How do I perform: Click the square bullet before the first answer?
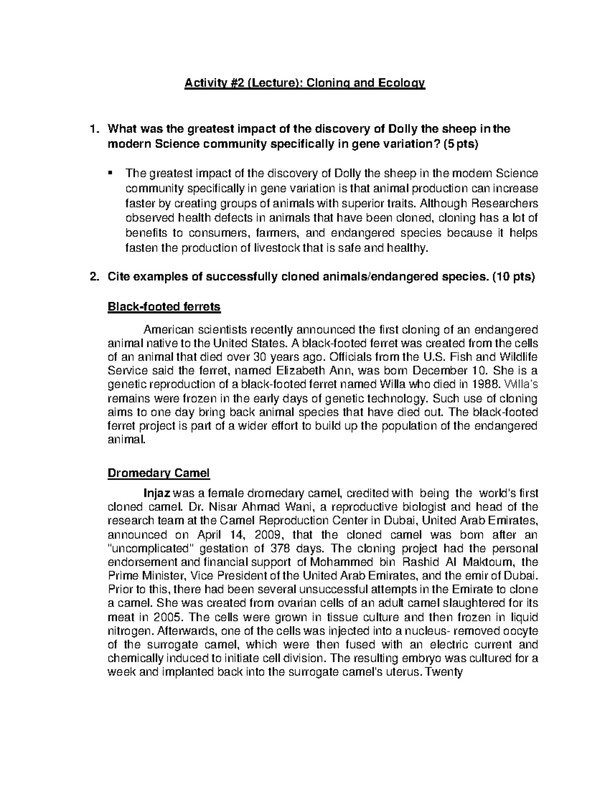click(x=110, y=173)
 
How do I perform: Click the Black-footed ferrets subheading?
click(x=164, y=307)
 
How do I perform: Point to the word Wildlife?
click(x=516, y=357)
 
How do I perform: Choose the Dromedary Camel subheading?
click(x=158, y=473)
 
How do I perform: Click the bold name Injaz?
click(x=159, y=493)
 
